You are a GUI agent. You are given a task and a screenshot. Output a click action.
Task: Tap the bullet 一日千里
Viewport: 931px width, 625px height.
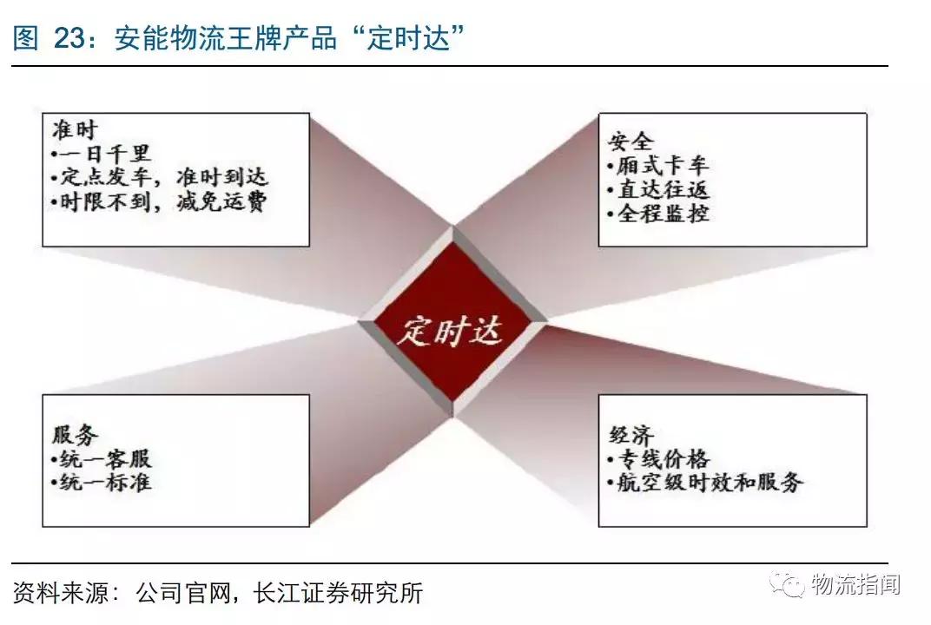click(102, 154)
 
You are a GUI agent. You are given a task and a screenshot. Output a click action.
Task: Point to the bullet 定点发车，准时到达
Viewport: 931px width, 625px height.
click(161, 177)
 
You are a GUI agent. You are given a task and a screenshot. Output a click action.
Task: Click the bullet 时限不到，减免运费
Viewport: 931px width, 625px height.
click(161, 201)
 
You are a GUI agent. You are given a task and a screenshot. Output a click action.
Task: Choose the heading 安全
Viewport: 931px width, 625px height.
click(629, 141)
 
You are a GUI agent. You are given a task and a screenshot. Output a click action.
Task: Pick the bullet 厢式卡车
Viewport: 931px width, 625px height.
click(658, 165)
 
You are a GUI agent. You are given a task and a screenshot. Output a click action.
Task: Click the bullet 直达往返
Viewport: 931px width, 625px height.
click(658, 189)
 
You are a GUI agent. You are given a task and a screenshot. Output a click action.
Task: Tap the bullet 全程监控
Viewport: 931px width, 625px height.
click(658, 213)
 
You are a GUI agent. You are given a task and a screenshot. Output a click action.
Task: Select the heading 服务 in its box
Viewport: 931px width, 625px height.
click(76, 435)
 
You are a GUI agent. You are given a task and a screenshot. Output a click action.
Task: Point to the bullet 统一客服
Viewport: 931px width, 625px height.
click(102, 458)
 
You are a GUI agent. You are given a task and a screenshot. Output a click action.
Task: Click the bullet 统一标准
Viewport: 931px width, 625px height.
click(102, 482)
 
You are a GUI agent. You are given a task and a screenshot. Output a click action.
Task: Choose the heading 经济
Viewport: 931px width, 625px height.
click(630, 435)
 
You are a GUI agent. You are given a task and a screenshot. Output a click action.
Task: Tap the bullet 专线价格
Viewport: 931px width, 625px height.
click(659, 458)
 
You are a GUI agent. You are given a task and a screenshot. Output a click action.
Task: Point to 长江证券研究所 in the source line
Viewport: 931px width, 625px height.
click(338, 594)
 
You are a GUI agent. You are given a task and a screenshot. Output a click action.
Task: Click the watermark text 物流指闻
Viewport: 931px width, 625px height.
click(855, 585)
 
